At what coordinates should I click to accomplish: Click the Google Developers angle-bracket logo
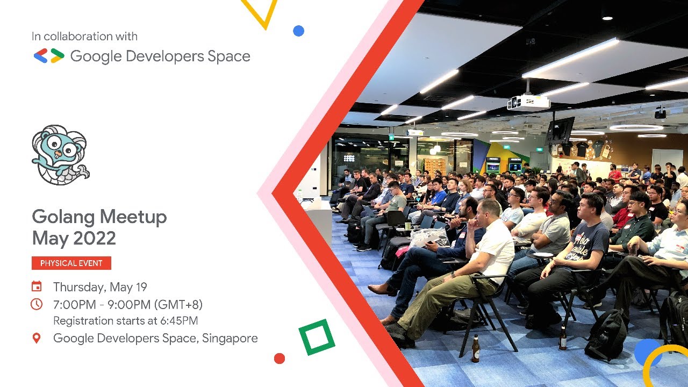[49, 56]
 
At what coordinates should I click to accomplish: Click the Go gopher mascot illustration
[59, 155]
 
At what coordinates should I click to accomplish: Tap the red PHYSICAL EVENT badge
[71, 263]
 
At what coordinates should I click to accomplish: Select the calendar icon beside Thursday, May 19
[37, 286]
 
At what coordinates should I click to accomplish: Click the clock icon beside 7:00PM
[37, 304]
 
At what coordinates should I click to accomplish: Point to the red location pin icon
[37, 338]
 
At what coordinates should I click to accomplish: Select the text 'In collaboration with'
[84, 37]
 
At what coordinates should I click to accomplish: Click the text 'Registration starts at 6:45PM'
[125, 321]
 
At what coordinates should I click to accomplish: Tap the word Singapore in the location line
[230, 338]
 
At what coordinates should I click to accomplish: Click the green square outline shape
[317, 337]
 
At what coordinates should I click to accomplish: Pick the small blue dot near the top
[298, 31]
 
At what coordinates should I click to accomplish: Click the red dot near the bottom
[279, 359]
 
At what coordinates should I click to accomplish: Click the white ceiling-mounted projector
[528, 102]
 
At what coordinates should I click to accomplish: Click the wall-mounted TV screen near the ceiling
[560, 130]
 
